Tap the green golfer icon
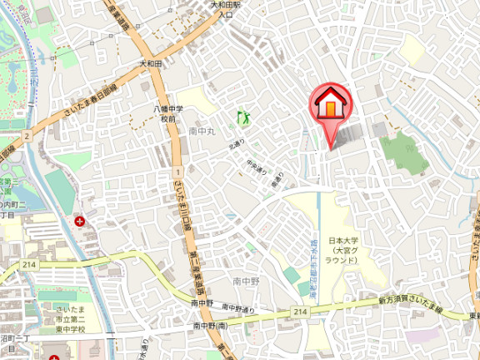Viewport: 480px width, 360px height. pyautogui.click(x=244, y=118)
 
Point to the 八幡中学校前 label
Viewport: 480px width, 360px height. pyautogui.click(x=168, y=114)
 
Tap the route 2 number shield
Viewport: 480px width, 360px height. pyautogui.click(x=27, y=135)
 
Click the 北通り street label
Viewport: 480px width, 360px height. pyautogui.click(x=236, y=145)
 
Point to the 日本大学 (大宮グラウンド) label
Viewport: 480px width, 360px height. pyautogui.click(x=342, y=249)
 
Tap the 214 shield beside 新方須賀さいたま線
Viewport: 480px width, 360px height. pyautogui.click(x=299, y=312)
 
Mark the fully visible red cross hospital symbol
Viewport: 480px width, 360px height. pyautogui.click(x=80, y=222)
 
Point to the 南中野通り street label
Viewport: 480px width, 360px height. pyautogui.click(x=242, y=310)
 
